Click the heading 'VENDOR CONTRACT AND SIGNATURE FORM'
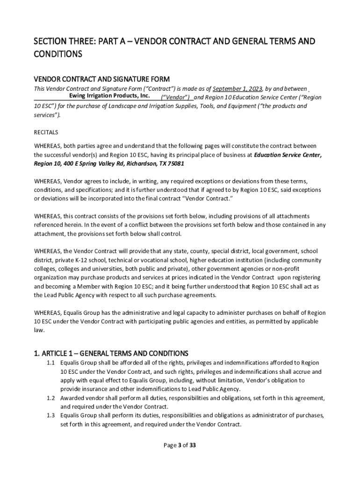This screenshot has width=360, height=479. pyautogui.click(x=101, y=79)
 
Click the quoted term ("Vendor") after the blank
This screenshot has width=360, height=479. pyautogui.click(x=175, y=97)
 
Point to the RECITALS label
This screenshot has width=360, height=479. pyautogui.click(x=46, y=132)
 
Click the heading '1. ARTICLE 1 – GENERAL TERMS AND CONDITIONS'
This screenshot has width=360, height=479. pyautogui.click(x=111, y=353)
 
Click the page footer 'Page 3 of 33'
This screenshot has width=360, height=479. pyautogui.click(x=180, y=445)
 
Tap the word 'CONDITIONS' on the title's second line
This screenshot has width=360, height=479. pyautogui.click(x=58, y=54)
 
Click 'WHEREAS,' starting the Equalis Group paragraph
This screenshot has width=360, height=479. pyautogui.click(x=47, y=312)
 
